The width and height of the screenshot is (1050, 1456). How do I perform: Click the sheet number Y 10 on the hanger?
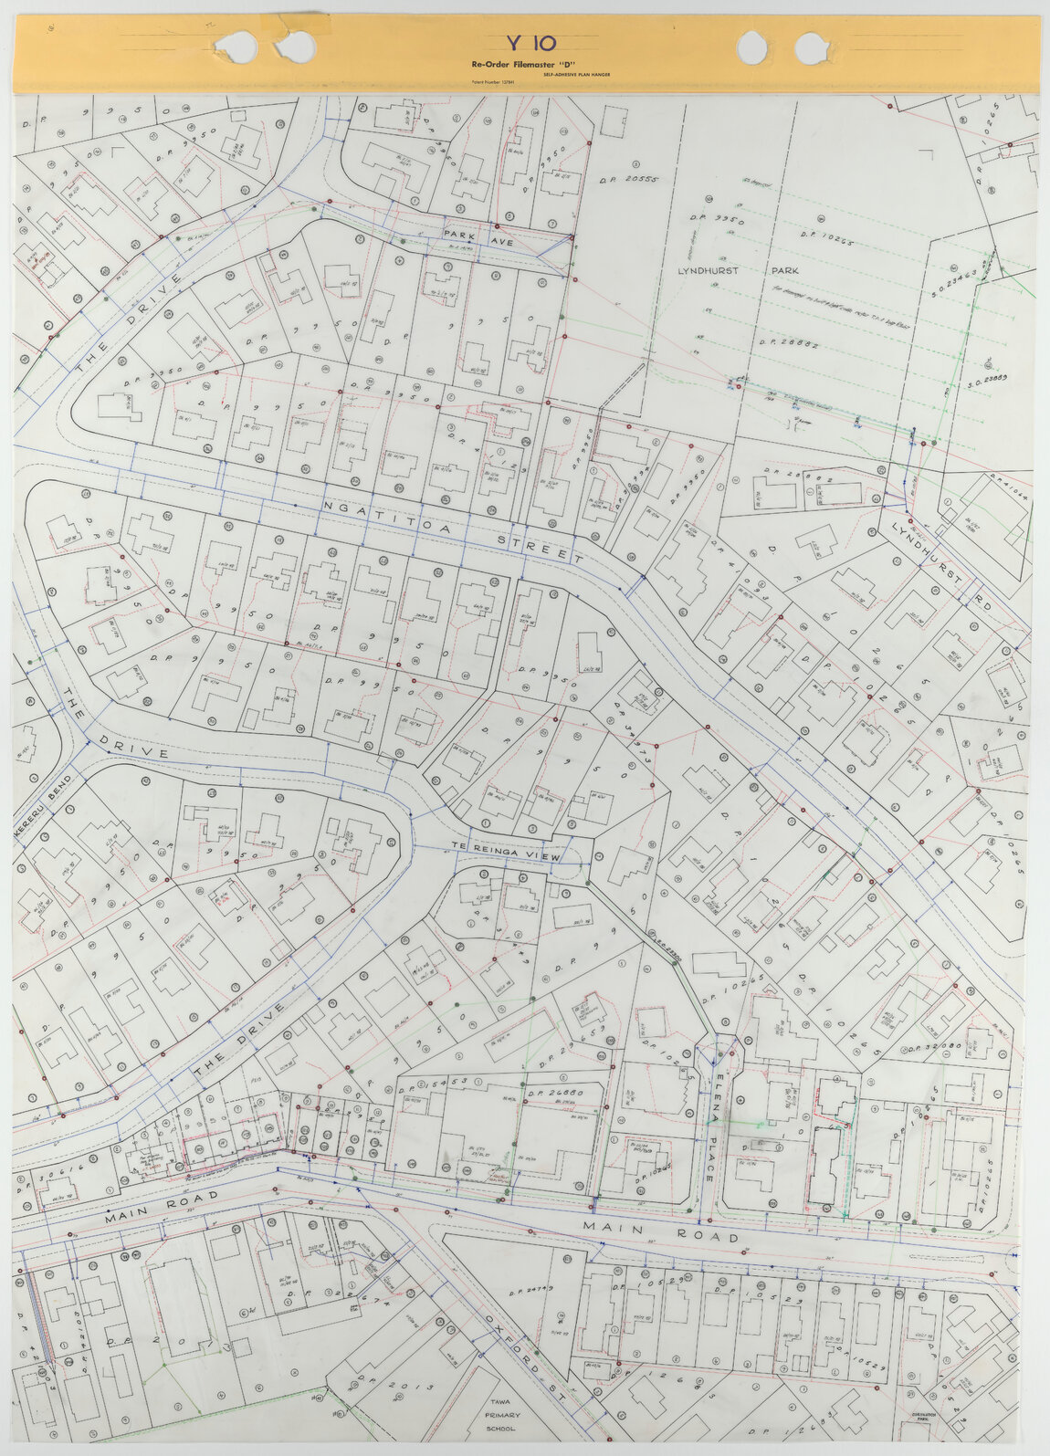pos(530,43)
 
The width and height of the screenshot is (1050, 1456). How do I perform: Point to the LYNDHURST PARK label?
pos(737,271)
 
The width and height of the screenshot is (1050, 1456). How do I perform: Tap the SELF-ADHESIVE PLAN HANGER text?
pos(575,74)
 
